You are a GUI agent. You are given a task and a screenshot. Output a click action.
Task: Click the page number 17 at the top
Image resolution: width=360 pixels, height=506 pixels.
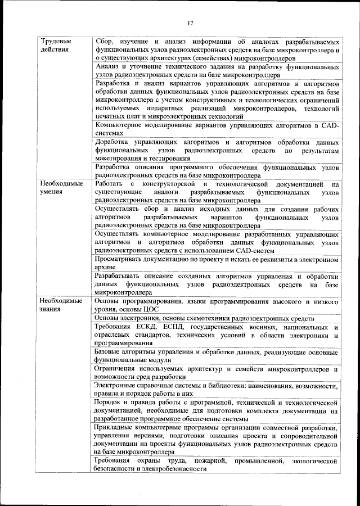coord(191,22)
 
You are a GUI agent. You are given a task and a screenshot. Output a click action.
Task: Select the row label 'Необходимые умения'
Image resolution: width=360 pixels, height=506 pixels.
coord(61,188)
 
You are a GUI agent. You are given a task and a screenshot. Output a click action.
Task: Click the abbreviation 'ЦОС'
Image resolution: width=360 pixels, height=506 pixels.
coord(152,310)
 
